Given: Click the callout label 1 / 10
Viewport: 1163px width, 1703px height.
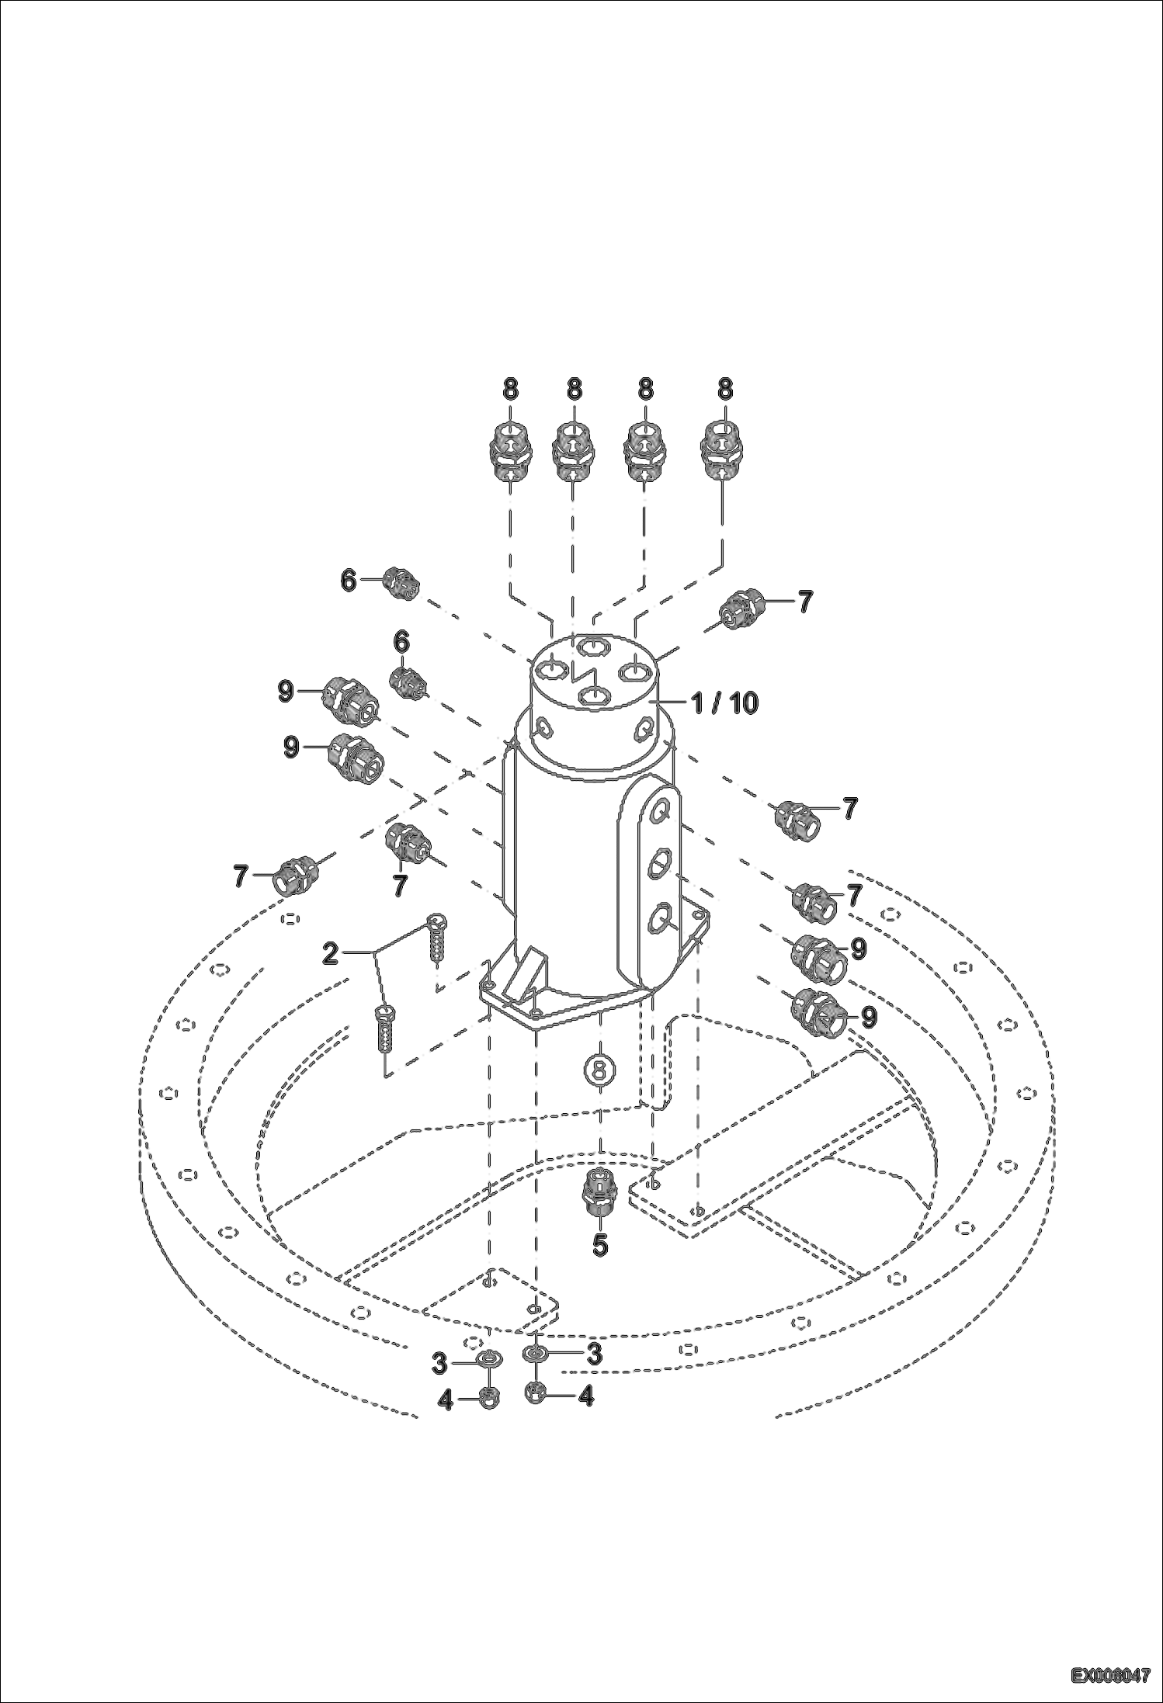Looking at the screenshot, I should click(724, 702).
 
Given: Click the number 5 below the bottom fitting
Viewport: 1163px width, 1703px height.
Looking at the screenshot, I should click(600, 1245).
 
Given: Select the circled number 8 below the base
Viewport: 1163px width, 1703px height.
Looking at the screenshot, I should click(599, 1070).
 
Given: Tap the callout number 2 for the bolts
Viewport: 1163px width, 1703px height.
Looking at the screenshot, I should click(331, 953).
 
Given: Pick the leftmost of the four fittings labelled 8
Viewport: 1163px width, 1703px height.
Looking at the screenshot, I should click(510, 453).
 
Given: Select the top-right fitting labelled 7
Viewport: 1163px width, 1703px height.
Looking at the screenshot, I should click(740, 607).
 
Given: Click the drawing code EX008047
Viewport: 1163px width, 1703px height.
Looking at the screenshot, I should click(1110, 1676).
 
